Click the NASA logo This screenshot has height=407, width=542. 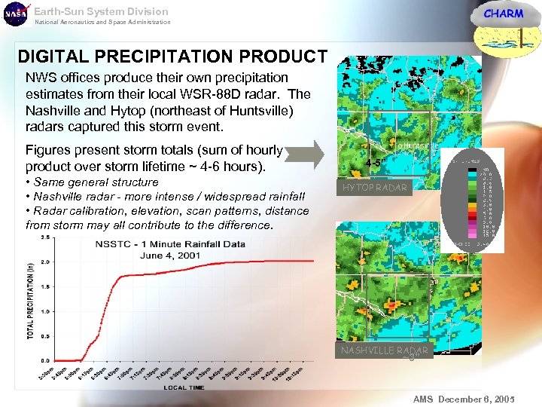tap(14, 14)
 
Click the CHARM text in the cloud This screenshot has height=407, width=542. tap(503, 14)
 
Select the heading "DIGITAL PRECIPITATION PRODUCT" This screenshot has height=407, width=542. tap(172, 57)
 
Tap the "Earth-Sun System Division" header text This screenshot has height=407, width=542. tap(102, 11)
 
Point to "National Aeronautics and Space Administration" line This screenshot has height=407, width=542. tap(103, 23)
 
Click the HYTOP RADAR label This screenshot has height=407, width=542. tap(374, 188)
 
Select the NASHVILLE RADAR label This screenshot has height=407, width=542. tap(384, 350)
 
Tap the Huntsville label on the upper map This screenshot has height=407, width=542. tap(418, 145)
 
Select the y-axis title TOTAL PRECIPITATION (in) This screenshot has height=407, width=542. tap(31, 299)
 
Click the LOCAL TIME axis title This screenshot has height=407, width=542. tap(184, 387)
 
